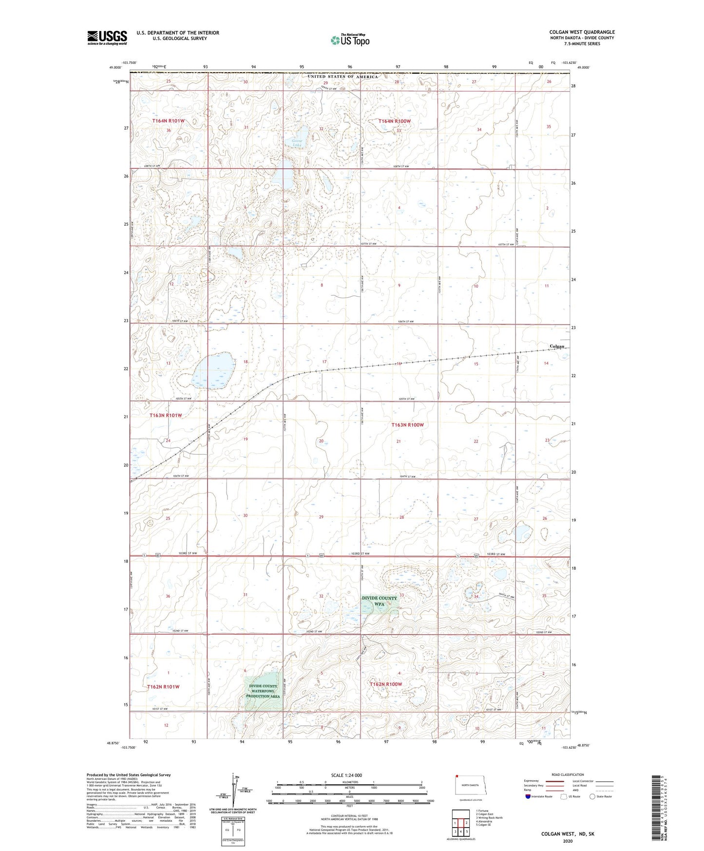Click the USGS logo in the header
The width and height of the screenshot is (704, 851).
(107, 37)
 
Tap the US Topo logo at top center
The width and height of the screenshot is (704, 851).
(349, 39)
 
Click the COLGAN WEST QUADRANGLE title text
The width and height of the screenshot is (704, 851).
(582, 32)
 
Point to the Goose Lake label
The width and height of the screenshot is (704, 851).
(297, 143)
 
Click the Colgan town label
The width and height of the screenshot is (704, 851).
(557, 347)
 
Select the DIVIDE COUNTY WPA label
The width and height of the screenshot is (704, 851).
(380, 601)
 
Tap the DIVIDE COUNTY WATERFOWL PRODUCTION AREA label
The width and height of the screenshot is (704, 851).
(263, 691)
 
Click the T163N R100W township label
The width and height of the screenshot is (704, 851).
(408, 425)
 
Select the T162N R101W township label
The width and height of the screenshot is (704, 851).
(163, 687)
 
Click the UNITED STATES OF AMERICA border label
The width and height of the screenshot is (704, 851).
(342, 77)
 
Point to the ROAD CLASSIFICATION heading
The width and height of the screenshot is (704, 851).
(568, 774)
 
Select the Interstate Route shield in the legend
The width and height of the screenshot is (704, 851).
(529, 796)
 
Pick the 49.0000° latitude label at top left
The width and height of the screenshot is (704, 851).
(115, 68)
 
